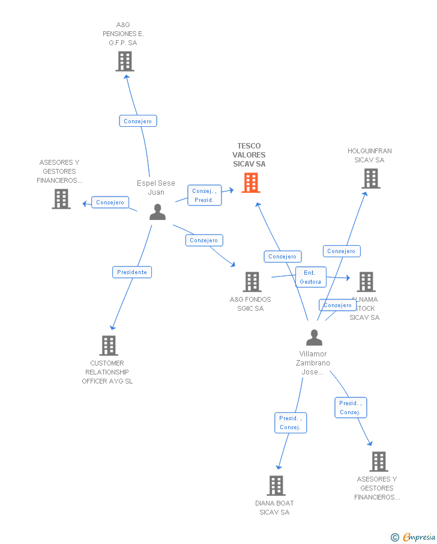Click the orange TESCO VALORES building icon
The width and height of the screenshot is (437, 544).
tap(251, 183)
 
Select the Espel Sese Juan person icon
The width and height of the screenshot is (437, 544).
tap(157, 212)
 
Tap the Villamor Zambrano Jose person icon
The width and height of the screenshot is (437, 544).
tap(314, 338)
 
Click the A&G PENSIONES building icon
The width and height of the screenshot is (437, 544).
tap(124, 61)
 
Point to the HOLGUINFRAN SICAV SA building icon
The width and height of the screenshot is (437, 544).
tap(370, 179)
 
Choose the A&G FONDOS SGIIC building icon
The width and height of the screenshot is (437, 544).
tap(252, 282)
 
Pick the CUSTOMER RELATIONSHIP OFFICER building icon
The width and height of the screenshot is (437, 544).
tap(109, 346)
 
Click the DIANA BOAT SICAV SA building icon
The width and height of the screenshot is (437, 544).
tap(276, 485)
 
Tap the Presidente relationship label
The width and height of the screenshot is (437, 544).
tap(132, 272)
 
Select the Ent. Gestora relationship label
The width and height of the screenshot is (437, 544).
tap(310, 277)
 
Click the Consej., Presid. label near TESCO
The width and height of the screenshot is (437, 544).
tap(204, 195)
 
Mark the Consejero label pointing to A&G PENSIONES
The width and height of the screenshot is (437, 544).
tap(137, 121)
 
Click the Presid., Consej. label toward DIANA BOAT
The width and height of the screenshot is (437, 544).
tap(290, 423)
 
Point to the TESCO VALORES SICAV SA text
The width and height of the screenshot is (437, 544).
tap(249, 155)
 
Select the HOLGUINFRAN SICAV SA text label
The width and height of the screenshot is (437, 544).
tap(369, 156)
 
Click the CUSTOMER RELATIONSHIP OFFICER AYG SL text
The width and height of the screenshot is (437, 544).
tap(107, 372)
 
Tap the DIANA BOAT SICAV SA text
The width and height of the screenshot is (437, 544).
tap(274, 507)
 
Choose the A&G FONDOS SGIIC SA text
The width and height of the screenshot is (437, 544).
tap(250, 304)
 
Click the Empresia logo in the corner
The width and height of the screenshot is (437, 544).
tap(414, 537)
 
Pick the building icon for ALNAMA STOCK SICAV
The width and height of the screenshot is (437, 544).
tap(366, 282)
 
